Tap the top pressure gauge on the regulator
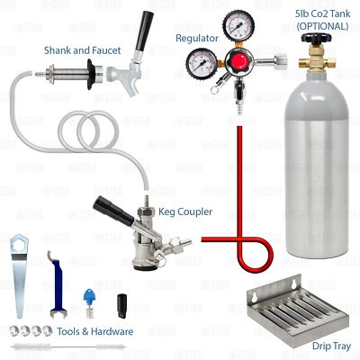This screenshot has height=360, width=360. click(x=238, y=24)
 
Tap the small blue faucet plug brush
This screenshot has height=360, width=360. click(x=89, y=296)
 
